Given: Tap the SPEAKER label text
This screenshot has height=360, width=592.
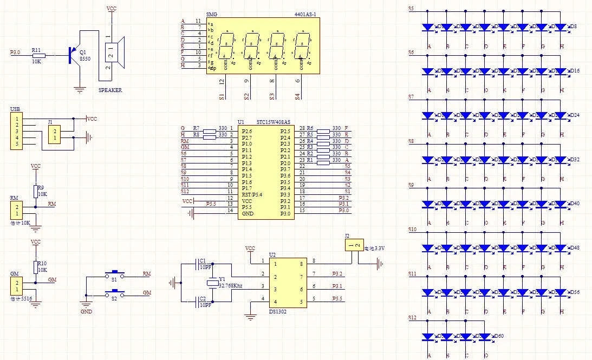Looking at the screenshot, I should pyautogui.click(x=110, y=90).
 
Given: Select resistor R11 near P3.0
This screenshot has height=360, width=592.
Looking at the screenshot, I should pyautogui.click(x=37, y=55).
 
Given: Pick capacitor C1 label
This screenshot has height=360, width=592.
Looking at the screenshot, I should pyautogui.click(x=203, y=260).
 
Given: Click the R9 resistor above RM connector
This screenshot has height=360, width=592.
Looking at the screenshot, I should pyautogui.click(x=36, y=191).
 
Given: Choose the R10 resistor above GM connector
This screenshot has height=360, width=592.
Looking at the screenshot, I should pyautogui.click(x=36, y=266).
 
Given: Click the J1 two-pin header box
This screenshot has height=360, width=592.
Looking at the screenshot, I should pyautogui.click(x=54, y=135).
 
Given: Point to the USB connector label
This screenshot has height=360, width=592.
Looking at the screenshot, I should pyautogui.click(x=15, y=110).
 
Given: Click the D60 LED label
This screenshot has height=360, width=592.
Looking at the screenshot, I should pyautogui.click(x=498, y=336).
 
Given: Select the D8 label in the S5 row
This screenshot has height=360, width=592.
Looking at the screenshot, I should pyautogui.click(x=573, y=26).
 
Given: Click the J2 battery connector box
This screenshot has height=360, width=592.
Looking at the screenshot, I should pyautogui.click(x=353, y=246).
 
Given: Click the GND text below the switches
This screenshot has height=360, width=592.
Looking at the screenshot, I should pyautogui.click(x=86, y=312).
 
